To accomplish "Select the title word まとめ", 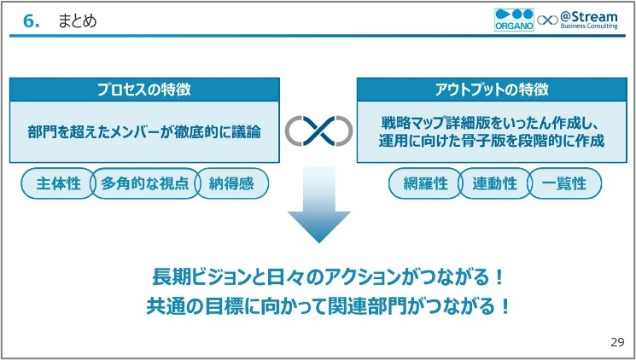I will pyautogui.click(x=77, y=21).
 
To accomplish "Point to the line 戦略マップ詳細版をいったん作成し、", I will pyautogui.click(x=492, y=123).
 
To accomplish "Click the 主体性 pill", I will pyautogui.click(x=56, y=183).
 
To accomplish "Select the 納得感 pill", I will pyautogui.click(x=232, y=183).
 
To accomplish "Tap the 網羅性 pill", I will pyautogui.click(x=423, y=183).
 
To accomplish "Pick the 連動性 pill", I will pyautogui.click(x=493, y=183).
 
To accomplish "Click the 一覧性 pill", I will pyautogui.click(x=564, y=183).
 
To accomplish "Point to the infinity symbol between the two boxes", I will pyautogui.click(x=318, y=131).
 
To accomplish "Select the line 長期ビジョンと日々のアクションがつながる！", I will pyautogui.click(x=318, y=277).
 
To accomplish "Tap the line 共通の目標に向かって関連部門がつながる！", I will pyautogui.click(x=318, y=305).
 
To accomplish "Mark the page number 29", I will pyautogui.click(x=617, y=342).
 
